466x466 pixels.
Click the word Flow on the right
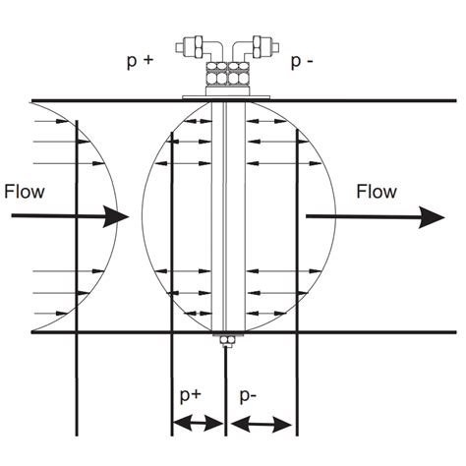pos(378,191)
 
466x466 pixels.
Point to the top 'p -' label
pos(301,60)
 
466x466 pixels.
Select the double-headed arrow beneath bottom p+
pos(198,425)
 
